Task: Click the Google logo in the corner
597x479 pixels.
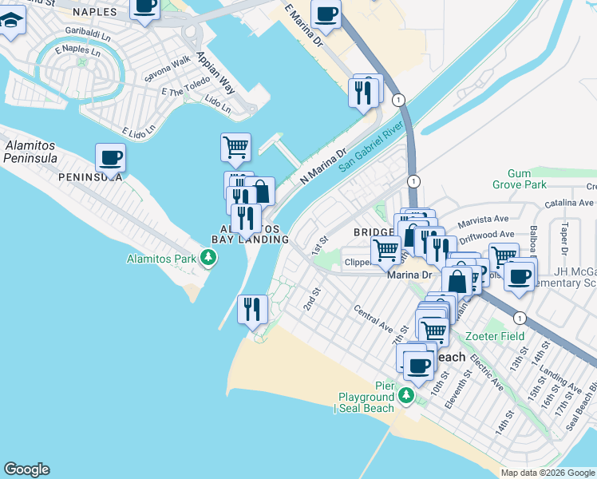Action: [x=26, y=469]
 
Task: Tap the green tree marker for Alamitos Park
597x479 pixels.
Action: [x=208, y=258]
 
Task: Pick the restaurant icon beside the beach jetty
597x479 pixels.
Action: [x=252, y=307]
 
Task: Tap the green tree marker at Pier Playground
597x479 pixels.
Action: [x=406, y=395]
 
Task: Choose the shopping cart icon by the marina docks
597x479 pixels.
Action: [x=235, y=146]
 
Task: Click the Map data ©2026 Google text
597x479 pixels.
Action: [x=547, y=473]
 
